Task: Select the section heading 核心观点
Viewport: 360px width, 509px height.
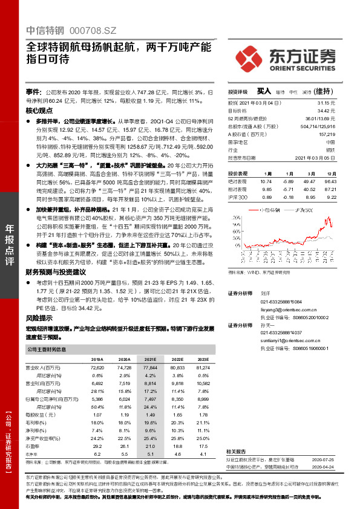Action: point(40,112)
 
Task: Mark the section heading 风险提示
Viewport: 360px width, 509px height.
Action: point(40,317)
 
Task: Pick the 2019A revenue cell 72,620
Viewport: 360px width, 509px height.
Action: point(97,368)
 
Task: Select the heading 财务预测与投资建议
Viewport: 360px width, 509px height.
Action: point(57,273)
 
